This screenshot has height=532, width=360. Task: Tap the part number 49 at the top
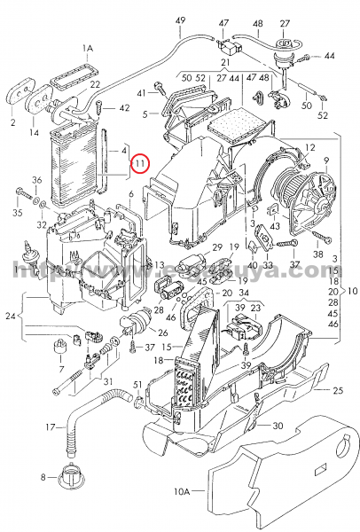point(181,20)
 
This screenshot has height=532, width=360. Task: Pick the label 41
point(140,92)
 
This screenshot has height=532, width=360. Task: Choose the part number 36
point(36,181)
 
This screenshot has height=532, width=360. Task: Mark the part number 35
point(17,214)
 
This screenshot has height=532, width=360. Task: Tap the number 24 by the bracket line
point(10,315)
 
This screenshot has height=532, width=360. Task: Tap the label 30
point(278,426)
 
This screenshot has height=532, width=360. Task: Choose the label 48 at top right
point(257,21)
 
